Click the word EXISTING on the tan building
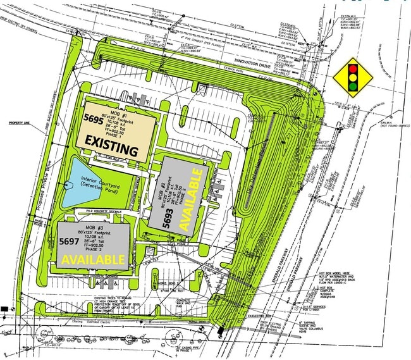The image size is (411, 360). [111, 150]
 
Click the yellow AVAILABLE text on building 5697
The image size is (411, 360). [93, 259]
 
